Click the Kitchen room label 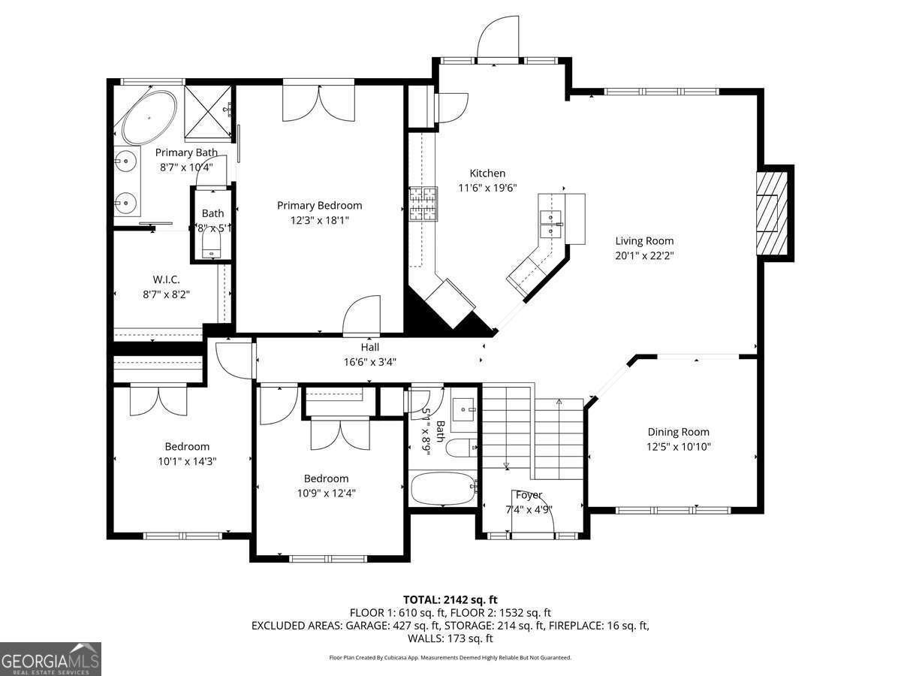[487, 174]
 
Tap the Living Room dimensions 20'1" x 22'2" [644, 255]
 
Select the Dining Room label [678, 432]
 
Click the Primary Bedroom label [319, 205]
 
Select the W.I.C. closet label [166, 279]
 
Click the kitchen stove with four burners [423, 204]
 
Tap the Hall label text [369, 347]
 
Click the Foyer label [529, 495]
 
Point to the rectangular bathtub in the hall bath [443, 489]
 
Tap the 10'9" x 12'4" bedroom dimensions [326, 493]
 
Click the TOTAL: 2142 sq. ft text [450, 599]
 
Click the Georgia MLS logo [50, 659]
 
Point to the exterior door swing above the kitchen [496, 38]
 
